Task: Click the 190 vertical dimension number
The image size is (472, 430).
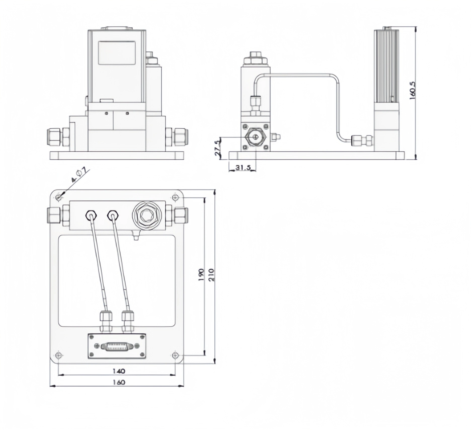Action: click(x=201, y=275)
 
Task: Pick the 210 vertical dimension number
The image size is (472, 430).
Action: click(x=211, y=275)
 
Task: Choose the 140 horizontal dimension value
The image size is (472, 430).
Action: click(x=119, y=371)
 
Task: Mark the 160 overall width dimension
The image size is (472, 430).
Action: click(x=119, y=382)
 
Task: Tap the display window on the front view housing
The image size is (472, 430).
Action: click(x=116, y=53)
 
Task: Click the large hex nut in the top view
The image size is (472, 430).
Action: click(x=146, y=216)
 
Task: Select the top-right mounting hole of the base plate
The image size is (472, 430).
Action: click(x=175, y=198)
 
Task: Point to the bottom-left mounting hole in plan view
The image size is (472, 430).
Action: click(x=59, y=355)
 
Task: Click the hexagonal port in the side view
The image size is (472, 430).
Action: click(x=256, y=137)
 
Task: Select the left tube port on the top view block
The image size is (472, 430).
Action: click(x=91, y=215)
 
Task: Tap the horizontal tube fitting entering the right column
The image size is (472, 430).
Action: click(x=362, y=141)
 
